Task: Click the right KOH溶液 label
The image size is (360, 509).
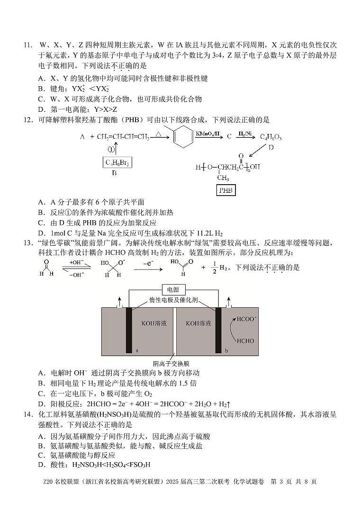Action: (198, 323)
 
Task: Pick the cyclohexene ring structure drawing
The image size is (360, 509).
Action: (182, 135)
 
